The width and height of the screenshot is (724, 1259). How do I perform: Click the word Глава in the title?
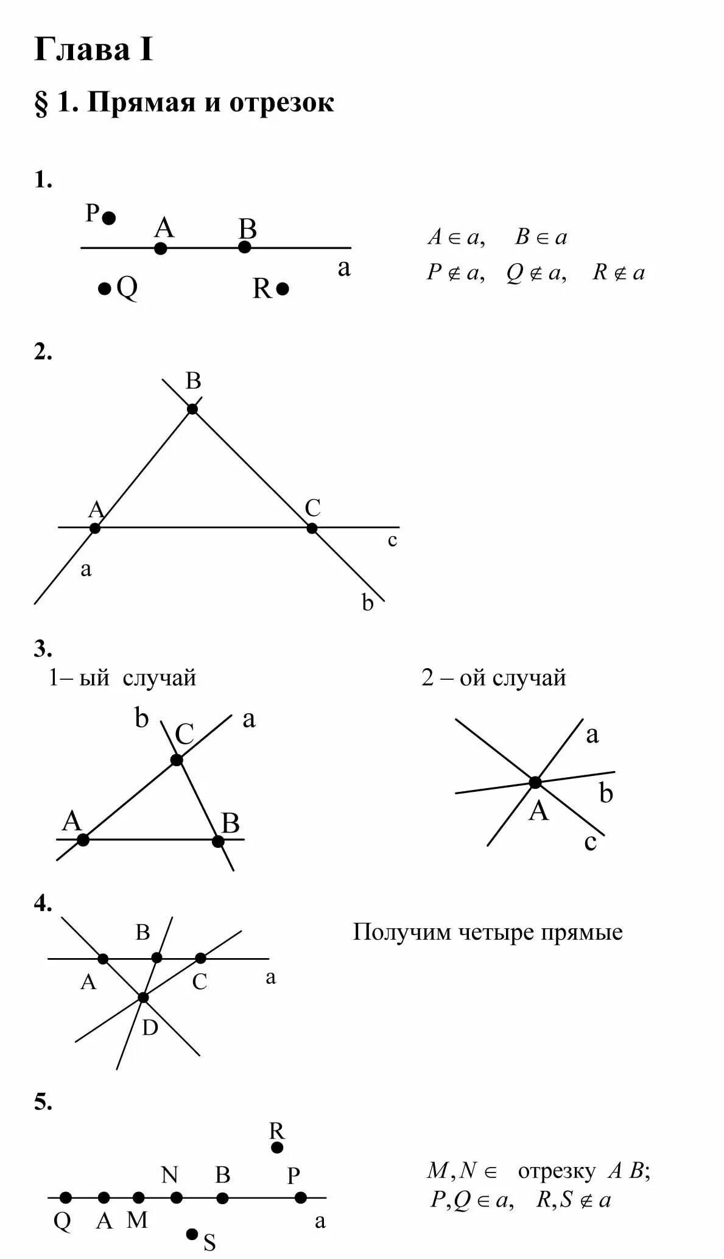coord(83,50)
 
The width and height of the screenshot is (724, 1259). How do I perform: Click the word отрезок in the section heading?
coord(281,103)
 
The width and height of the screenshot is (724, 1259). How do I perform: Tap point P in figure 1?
coord(109,217)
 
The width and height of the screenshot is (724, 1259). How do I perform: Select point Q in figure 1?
coord(105,288)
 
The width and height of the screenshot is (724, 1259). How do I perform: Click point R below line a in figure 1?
coord(283,288)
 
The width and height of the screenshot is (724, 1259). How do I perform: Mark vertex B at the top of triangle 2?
coord(192,408)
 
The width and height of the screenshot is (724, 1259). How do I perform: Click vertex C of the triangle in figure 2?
coord(312,527)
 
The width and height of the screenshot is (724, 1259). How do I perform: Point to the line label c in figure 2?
coord(392,540)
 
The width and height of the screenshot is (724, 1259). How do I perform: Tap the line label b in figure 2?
coord(367,603)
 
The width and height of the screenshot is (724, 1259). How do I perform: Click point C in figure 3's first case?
coord(177,760)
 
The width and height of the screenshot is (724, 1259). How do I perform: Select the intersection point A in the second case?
coord(535,782)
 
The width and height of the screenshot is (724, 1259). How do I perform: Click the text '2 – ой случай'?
coord(493,677)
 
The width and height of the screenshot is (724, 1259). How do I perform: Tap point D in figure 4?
coord(143,997)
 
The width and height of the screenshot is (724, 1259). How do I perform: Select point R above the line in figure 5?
coord(277,1148)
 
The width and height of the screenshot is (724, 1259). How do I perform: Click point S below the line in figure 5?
coord(192,1234)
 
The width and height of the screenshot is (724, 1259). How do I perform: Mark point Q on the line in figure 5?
coord(66,1197)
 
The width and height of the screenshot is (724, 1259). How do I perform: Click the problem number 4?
coord(43,903)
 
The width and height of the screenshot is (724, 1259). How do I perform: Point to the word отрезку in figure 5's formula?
coord(556,1171)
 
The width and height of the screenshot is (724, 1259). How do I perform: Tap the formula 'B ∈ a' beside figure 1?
coord(541,237)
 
